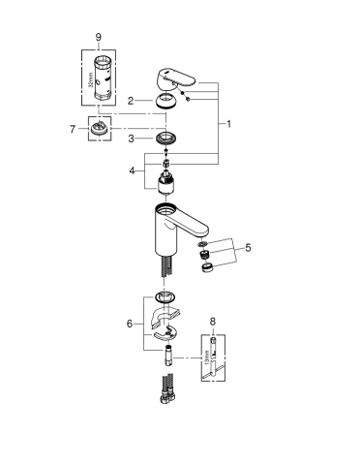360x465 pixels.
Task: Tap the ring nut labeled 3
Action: click(168, 139)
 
